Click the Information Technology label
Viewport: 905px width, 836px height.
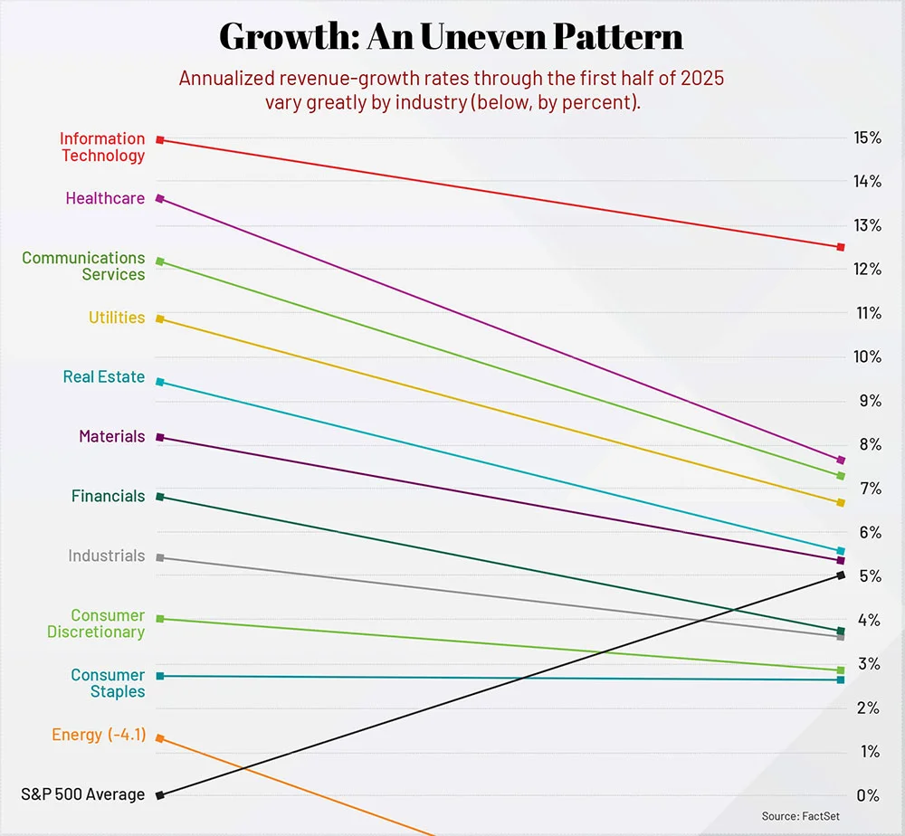coord(102,147)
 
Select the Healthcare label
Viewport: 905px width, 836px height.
coord(105,198)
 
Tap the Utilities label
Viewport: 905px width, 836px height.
coord(117,318)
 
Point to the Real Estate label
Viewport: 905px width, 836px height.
coord(104,377)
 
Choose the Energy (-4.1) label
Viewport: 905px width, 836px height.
coord(98,735)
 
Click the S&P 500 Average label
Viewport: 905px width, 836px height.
coord(83,794)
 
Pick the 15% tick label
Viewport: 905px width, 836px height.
coord(867,138)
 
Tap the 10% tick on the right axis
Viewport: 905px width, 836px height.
coord(867,356)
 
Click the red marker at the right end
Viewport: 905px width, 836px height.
coord(841,247)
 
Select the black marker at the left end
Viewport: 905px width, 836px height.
coord(160,795)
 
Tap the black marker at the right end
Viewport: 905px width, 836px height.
coord(841,575)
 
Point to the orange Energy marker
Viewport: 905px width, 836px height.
coord(160,738)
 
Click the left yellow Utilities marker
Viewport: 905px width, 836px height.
coord(160,318)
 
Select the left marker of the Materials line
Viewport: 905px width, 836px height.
coord(160,437)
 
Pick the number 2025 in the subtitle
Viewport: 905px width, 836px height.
coord(697,79)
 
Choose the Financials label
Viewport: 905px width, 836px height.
coord(109,496)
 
